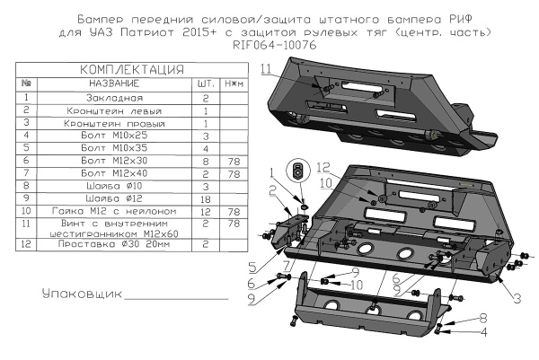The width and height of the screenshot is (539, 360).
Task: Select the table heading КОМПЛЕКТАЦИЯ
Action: coord(132,69)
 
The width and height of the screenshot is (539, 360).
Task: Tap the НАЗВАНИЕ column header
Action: coord(113,82)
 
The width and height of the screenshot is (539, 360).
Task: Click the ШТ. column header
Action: coord(205,82)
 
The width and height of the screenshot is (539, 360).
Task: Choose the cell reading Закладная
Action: coord(113,96)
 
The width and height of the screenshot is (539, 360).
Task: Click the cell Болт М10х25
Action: coord(113,135)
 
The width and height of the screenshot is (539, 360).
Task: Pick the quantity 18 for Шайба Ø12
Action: coord(205,197)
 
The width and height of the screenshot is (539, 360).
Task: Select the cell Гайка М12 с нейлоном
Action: coord(113,209)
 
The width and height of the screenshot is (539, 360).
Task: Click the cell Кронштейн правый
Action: coord(113,122)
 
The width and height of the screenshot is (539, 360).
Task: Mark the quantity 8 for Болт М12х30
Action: coord(205,160)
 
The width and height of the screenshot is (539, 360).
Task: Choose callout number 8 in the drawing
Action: coord(482,317)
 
